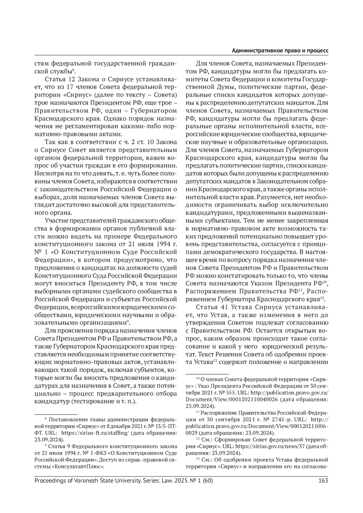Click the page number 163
(x=323, y=480)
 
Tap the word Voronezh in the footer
(x=84, y=480)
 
